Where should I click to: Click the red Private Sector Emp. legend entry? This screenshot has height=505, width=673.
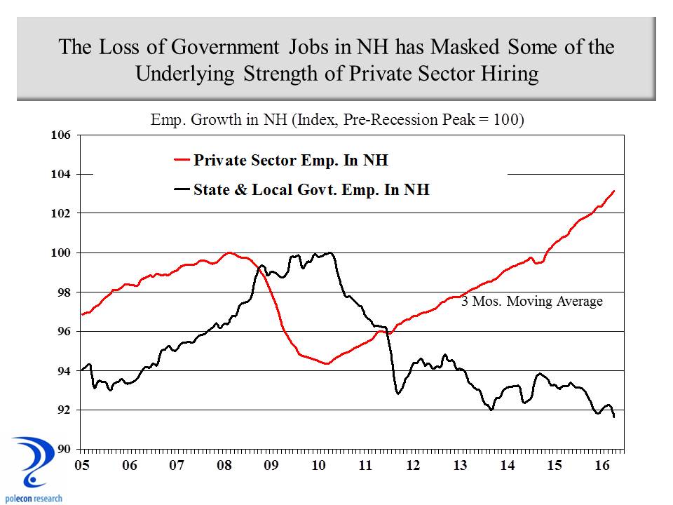(x=280, y=160)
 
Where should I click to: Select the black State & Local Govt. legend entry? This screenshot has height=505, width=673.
(x=301, y=189)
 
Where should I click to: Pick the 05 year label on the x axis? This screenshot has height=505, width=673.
(x=82, y=466)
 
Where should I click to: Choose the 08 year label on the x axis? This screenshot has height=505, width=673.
(x=224, y=466)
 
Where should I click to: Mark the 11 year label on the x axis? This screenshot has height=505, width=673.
(x=365, y=466)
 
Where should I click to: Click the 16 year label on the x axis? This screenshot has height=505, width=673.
(x=602, y=466)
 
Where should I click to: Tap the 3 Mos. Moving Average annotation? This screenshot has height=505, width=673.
(x=531, y=302)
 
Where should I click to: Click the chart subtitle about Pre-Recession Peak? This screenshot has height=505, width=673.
(x=337, y=119)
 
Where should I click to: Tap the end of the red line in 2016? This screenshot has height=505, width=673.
(x=614, y=191)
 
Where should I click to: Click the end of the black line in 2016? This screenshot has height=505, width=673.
(x=614, y=417)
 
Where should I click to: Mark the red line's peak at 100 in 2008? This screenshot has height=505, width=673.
(x=229, y=252)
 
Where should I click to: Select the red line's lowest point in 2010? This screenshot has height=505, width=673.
(x=326, y=363)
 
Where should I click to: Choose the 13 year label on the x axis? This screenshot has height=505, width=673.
(x=460, y=466)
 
